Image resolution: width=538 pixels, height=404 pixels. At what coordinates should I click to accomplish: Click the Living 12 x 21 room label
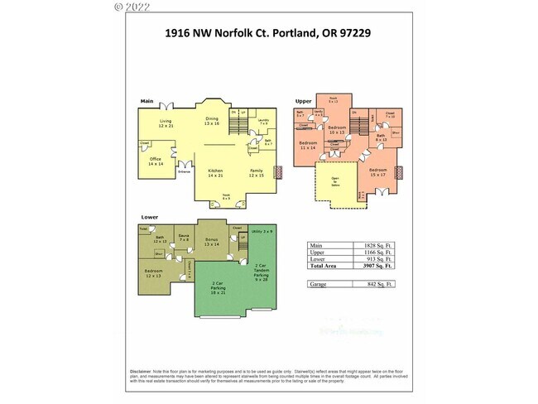pos(166,124)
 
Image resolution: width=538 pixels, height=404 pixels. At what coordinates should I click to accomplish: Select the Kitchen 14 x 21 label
pos(216,174)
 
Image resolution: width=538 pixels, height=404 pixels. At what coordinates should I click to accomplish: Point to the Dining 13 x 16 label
pos(213,121)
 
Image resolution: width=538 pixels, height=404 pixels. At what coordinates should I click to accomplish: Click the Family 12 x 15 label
pos(257,174)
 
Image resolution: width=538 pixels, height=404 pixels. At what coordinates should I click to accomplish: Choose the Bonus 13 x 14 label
pos(211,243)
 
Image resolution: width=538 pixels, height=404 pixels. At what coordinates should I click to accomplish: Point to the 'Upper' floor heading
pos(303,102)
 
